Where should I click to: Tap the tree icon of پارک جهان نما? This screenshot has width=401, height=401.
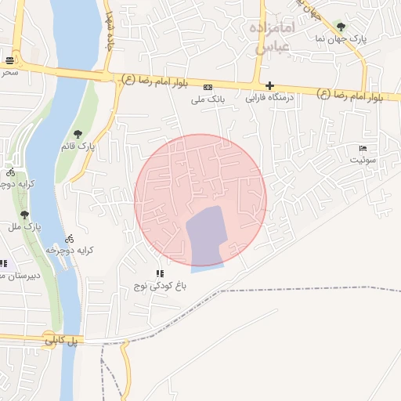click(339, 26)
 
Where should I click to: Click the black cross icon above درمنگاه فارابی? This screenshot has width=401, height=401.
click(269, 85)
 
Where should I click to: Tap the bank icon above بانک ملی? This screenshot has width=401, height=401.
click(208, 87)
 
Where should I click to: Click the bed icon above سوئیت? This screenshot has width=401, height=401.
click(363, 148)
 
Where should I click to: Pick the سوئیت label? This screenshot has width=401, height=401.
click(363, 160)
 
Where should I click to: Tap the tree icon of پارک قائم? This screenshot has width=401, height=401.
click(77, 134)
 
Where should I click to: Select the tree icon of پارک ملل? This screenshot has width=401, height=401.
click(24, 214)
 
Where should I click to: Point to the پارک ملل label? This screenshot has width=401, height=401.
click(24, 226)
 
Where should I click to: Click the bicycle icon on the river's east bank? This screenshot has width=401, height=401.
click(70, 238)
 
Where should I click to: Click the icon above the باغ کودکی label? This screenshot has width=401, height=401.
click(161, 274)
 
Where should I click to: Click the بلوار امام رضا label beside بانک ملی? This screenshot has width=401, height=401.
click(154, 80)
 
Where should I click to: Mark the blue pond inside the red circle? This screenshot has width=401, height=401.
click(205, 237)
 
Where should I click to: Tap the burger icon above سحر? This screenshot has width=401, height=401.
click(9, 60)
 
